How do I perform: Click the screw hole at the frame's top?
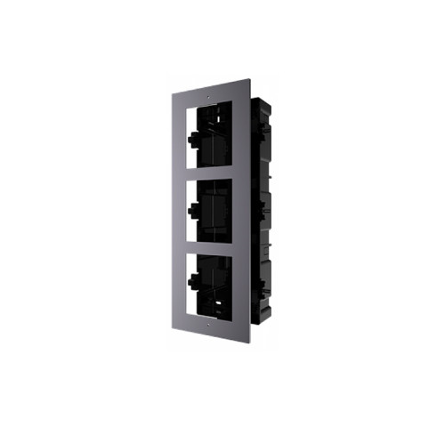pyautogui.click(x=206, y=92)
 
